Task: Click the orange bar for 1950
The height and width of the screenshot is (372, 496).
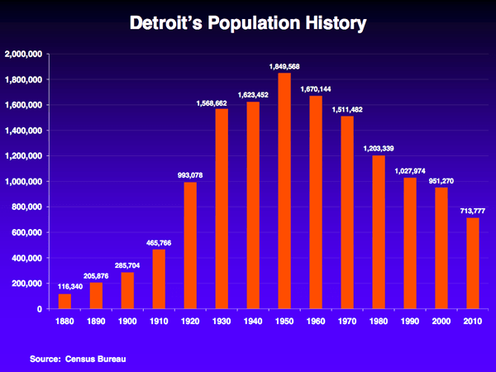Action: tap(284, 191)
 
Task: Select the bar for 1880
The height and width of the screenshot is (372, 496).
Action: tap(64, 301)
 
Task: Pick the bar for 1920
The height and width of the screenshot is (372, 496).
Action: tap(190, 245)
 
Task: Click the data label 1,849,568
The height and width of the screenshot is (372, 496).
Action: tap(284, 65)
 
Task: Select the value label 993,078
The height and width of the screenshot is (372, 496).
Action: tap(190, 174)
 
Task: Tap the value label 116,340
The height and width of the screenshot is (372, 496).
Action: tap(64, 286)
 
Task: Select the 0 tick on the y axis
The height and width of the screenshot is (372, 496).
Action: tap(38, 309)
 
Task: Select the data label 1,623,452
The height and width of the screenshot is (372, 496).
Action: tap(253, 94)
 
